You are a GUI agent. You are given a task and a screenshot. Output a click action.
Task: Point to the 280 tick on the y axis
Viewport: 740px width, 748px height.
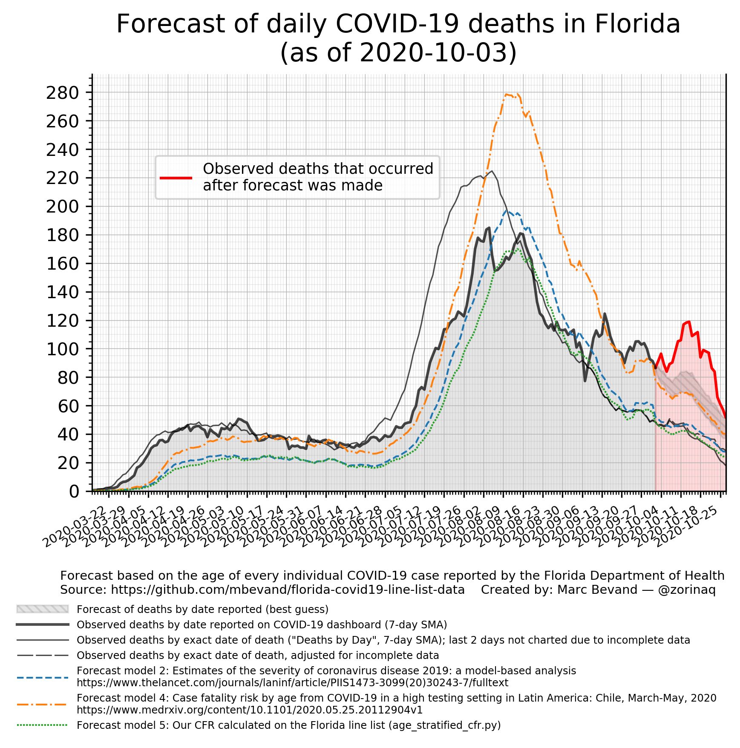coord(63,92)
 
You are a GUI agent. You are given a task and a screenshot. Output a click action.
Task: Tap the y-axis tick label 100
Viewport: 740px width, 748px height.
coord(63,349)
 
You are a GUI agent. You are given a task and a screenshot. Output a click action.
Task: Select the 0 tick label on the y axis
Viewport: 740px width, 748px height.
coord(74,492)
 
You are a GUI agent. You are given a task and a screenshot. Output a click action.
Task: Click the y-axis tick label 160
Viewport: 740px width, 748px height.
coord(63,263)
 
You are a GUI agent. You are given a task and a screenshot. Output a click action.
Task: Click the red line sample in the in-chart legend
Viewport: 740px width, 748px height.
coord(176,178)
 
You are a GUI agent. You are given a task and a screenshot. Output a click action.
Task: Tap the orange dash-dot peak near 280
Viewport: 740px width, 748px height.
coord(506,94)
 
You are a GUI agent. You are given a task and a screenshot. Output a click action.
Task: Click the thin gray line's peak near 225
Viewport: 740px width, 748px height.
coord(492,171)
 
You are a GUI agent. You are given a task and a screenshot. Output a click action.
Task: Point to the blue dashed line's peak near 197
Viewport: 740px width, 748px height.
coord(507,210)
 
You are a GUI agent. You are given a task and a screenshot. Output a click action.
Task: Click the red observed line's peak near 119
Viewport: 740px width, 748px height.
coord(688,322)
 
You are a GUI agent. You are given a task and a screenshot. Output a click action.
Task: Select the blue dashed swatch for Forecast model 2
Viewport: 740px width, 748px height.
coord(43,677)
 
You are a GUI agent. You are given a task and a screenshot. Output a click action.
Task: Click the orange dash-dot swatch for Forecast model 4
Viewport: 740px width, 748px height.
coord(43,704)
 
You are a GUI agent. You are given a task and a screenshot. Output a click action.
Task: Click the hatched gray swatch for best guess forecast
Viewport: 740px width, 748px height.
coord(43,609)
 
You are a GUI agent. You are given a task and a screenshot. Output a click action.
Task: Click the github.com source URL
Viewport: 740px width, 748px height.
coord(288,590)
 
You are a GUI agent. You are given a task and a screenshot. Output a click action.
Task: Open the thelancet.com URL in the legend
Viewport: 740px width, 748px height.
coord(292,683)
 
